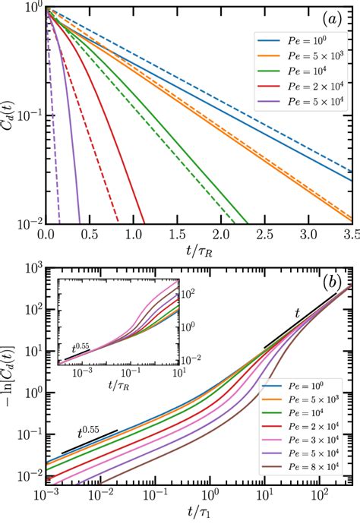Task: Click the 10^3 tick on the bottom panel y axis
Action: [x=30, y=270]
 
